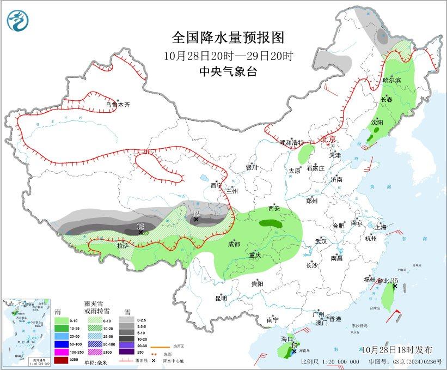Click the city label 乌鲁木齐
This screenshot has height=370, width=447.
point(118,104)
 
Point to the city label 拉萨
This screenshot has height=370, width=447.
point(123,246)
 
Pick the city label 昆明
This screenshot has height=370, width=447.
point(221,298)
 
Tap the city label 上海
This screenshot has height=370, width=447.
point(381,227)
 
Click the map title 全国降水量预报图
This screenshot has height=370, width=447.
point(228,38)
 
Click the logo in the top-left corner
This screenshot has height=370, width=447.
point(19,21)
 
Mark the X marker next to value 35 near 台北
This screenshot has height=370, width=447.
point(395,286)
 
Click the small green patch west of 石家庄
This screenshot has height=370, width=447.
point(307,153)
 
